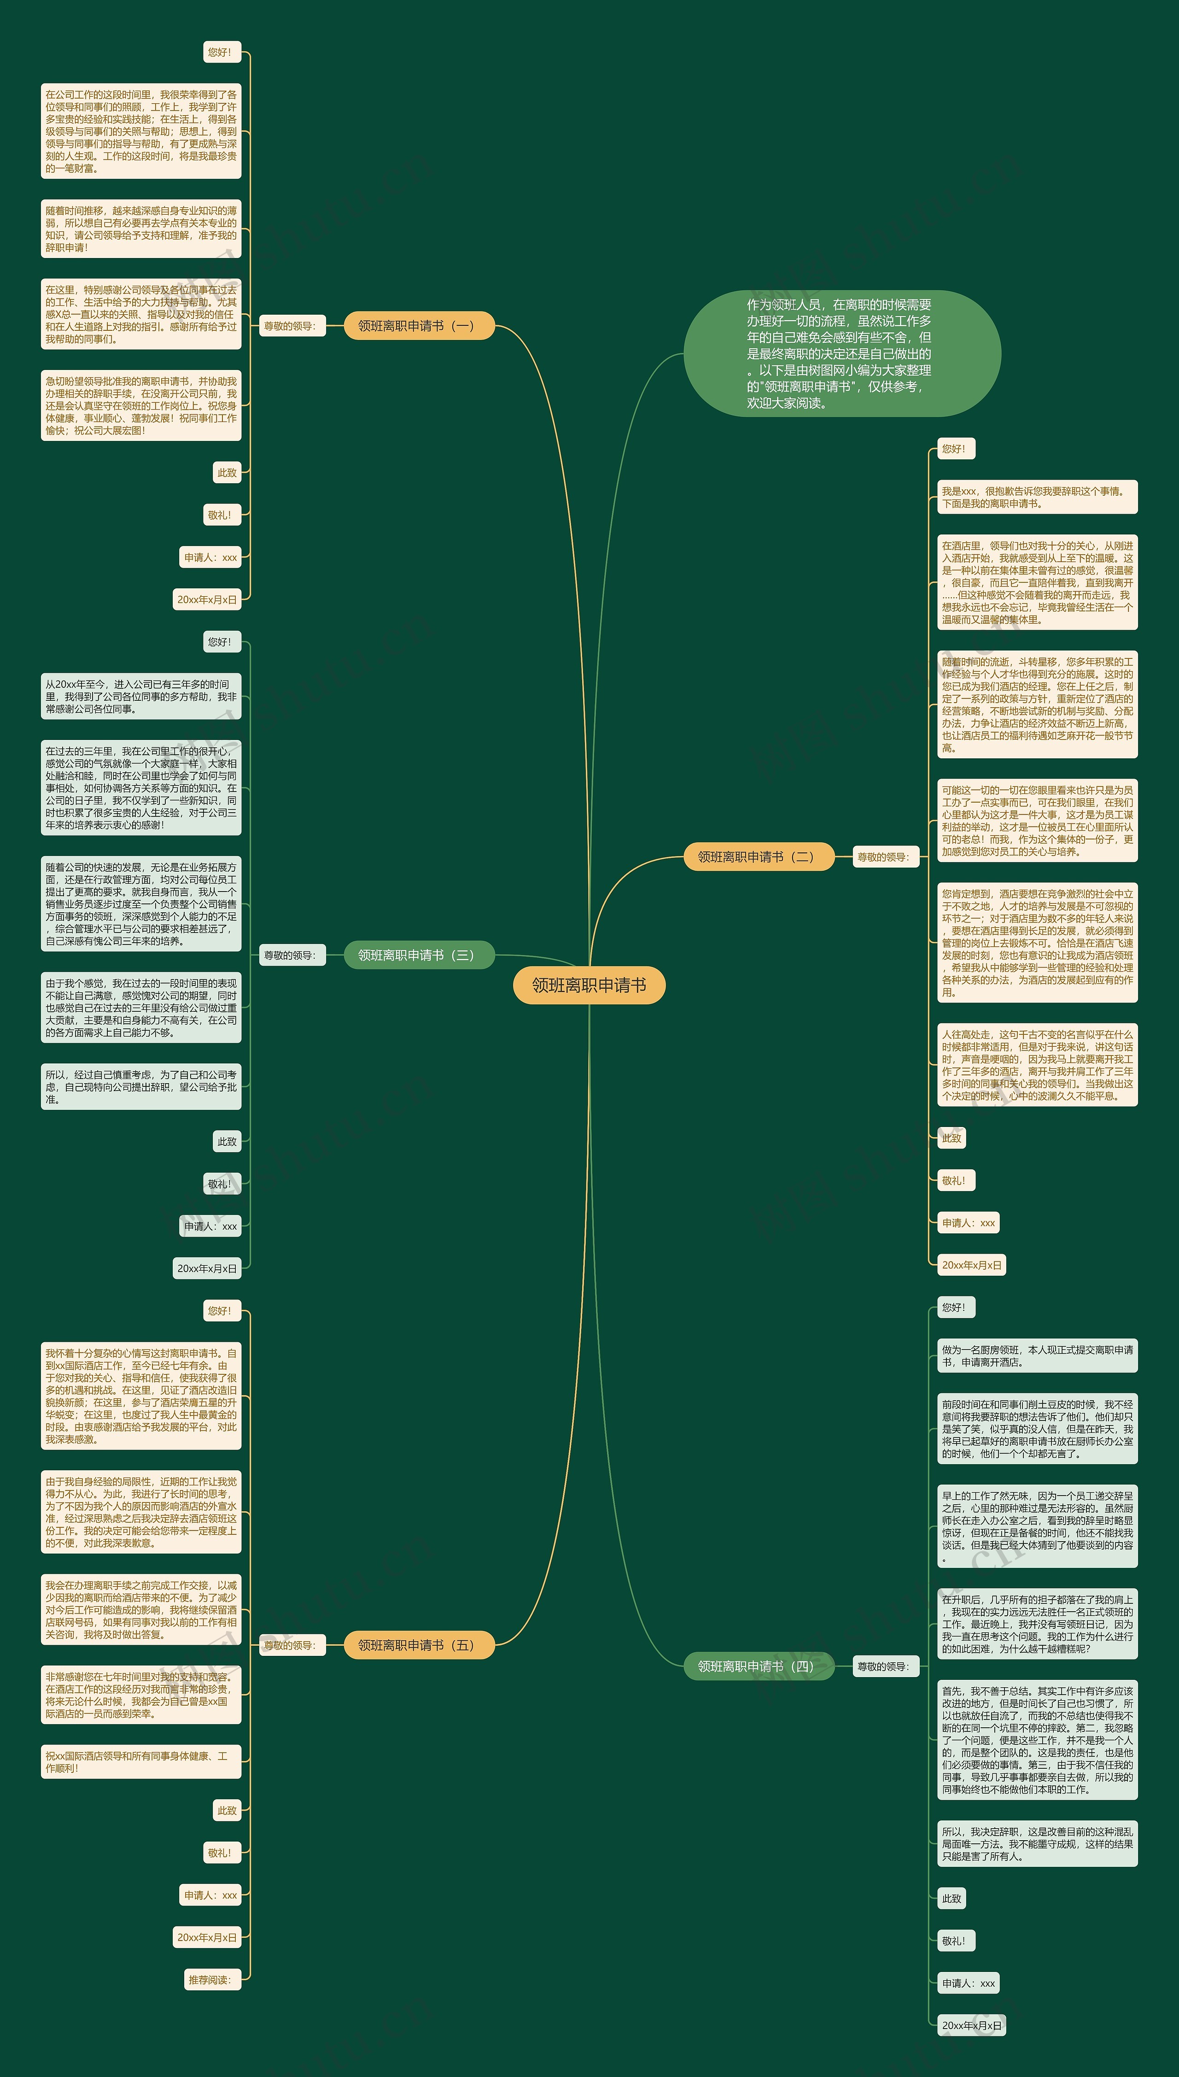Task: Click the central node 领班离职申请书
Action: pos(589,985)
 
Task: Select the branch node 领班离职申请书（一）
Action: pos(419,326)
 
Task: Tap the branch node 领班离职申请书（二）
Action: pos(759,856)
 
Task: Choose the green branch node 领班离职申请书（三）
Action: pos(419,955)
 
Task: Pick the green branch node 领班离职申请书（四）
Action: pos(759,1666)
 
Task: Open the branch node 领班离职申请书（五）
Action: pos(419,1645)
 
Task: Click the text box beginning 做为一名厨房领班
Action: pos(1037,1356)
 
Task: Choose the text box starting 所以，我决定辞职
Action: pos(1037,1844)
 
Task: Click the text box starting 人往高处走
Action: pos(1037,1064)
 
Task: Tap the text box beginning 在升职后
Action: pos(1037,1624)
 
